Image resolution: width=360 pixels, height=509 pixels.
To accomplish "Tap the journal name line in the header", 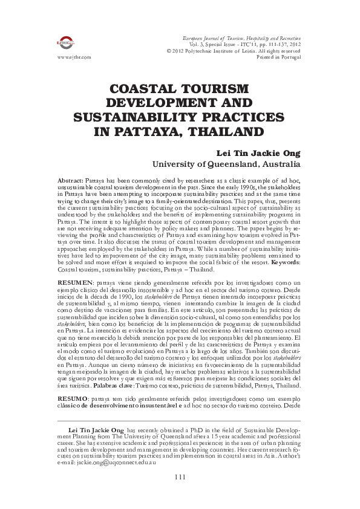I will click(245, 38).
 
